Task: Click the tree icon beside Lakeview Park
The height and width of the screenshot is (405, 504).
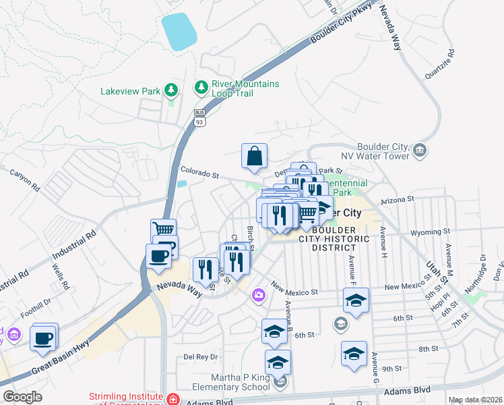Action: [172, 90]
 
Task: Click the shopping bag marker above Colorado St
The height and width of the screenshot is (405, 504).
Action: [255, 157]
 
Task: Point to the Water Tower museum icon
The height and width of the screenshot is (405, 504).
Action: [420, 149]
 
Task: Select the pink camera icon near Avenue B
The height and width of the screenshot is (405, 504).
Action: [258, 295]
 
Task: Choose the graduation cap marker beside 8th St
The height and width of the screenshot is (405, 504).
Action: [354, 354]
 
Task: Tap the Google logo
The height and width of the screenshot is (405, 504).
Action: [22, 397]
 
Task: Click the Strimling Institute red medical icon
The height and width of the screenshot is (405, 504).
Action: [173, 399]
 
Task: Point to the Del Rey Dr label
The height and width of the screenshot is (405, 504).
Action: [201, 356]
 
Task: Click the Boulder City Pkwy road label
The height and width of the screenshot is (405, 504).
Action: [342, 29]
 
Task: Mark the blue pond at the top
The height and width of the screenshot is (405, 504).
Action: [179, 31]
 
